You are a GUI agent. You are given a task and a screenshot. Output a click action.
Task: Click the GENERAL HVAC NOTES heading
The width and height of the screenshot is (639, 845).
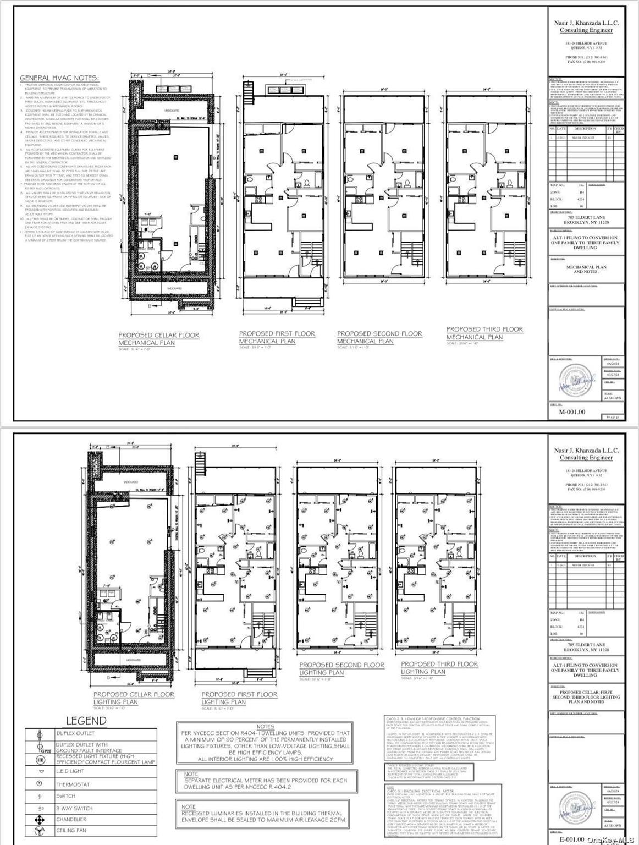59,78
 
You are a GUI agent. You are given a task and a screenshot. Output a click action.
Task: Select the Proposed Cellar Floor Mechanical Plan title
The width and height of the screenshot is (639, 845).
158,339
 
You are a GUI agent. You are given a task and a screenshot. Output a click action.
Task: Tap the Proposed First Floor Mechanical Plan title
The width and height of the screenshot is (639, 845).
277,337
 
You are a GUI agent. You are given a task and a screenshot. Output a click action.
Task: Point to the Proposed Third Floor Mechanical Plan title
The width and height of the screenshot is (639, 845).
484,333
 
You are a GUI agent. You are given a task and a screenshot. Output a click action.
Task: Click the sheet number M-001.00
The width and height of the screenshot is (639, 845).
572,411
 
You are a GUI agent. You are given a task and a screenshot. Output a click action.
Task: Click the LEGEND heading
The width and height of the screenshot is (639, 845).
86,721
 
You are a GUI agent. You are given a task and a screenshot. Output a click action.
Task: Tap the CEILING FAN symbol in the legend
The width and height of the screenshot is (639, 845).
40,831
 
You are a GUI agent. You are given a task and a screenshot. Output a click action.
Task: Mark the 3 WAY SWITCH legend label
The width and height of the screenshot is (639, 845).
74,808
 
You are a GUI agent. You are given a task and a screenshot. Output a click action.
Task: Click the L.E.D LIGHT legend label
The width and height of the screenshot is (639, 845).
70,771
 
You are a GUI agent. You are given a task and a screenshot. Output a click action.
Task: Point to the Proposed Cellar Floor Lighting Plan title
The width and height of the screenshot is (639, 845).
134,698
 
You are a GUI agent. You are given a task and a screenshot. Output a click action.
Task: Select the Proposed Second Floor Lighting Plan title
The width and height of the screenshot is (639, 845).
341,668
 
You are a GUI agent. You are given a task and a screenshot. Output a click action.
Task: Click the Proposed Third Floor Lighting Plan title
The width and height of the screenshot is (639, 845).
439,668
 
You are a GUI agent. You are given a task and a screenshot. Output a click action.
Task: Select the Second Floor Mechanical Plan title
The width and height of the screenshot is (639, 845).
379,337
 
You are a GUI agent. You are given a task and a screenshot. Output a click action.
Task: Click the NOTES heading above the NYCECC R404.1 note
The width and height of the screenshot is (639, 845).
265,727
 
